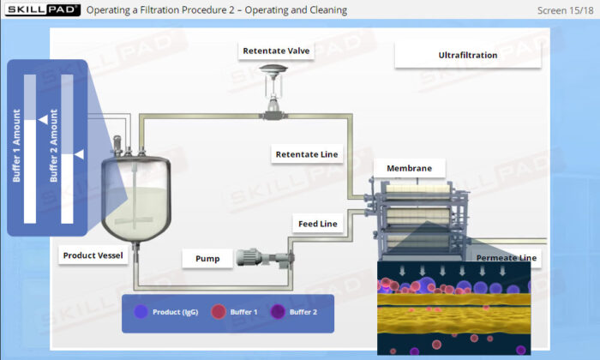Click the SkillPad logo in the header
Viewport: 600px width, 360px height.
pyautogui.click(x=43, y=10)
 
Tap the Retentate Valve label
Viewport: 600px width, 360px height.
pyautogui.click(x=276, y=51)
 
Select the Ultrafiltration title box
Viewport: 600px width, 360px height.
pyautogui.click(x=468, y=55)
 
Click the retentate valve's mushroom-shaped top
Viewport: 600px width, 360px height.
pyautogui.click(x=273, y=69)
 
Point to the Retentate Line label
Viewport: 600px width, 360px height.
pyautogui.click(x=307, y=154)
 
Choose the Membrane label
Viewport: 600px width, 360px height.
pyautogui.click(x=409, y=168)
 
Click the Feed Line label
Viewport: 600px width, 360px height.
pyautogui.click(x=318, y=224)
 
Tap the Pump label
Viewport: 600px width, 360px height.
pyautogui.click(x=207, y=259)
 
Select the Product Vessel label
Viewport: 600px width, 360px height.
pyautogui.click(x=93, y=255)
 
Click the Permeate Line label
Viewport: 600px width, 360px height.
pyautogui.click(x=507, y=258)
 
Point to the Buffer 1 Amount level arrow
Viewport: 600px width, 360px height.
pyautogui.click(x=43, y=120)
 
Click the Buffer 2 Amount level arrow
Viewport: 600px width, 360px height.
pyautogui.click(x=79, y=154)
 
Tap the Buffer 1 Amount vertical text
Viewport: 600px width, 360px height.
pyautogui.click(x=16, y=146)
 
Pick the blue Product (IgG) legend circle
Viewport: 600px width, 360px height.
pyautogui.click(x=141, y=312)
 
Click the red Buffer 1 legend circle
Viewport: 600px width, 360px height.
pyautogui.click(x=219, y=312)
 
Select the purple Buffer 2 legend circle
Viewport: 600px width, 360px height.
pyautogui.click(x=278, y=312)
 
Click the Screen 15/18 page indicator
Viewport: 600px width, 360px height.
pyautogui.click(x=565, y=10)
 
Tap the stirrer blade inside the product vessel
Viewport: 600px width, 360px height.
pyautogui.click(x=134, y=220)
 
